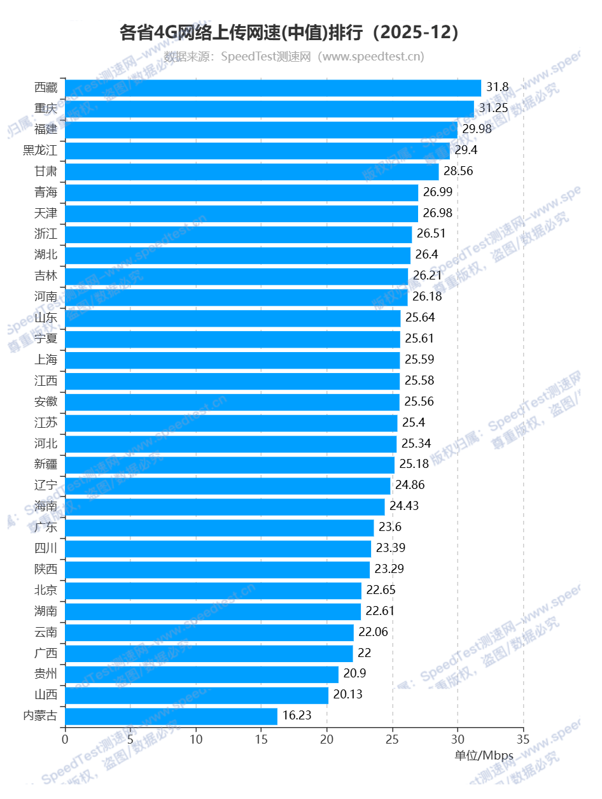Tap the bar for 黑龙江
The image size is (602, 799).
[x=257, y=151]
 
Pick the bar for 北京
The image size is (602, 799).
[x=213, y=590]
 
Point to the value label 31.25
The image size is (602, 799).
[x=493, y=108]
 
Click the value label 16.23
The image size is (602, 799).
[x=297, y=716]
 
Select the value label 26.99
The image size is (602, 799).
[x=437, y=192]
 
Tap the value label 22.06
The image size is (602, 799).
[x=373, y=632]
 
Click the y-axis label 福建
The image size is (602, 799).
[x=46, y=129]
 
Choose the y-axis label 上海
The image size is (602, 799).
[x=46, y=360]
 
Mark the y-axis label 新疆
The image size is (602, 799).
[x=46, y=464]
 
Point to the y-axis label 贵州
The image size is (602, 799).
[x=46, y=674]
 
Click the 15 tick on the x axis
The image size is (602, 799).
[x=262, y=739]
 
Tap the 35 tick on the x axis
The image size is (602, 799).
[x=523, y=739]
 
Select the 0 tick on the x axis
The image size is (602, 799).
[x=65, y=739]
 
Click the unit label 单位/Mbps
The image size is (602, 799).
[x=484, y=756]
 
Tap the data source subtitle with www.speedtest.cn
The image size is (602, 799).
[x=294, y=57]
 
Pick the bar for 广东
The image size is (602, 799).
[x=219, y=528]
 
